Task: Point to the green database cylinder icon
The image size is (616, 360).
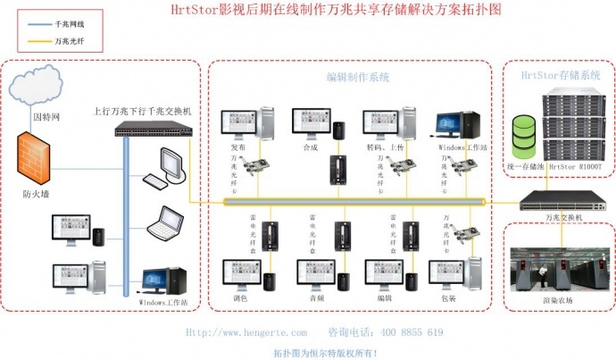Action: [522, 134]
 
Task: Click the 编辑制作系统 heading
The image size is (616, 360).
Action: [358, 78]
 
